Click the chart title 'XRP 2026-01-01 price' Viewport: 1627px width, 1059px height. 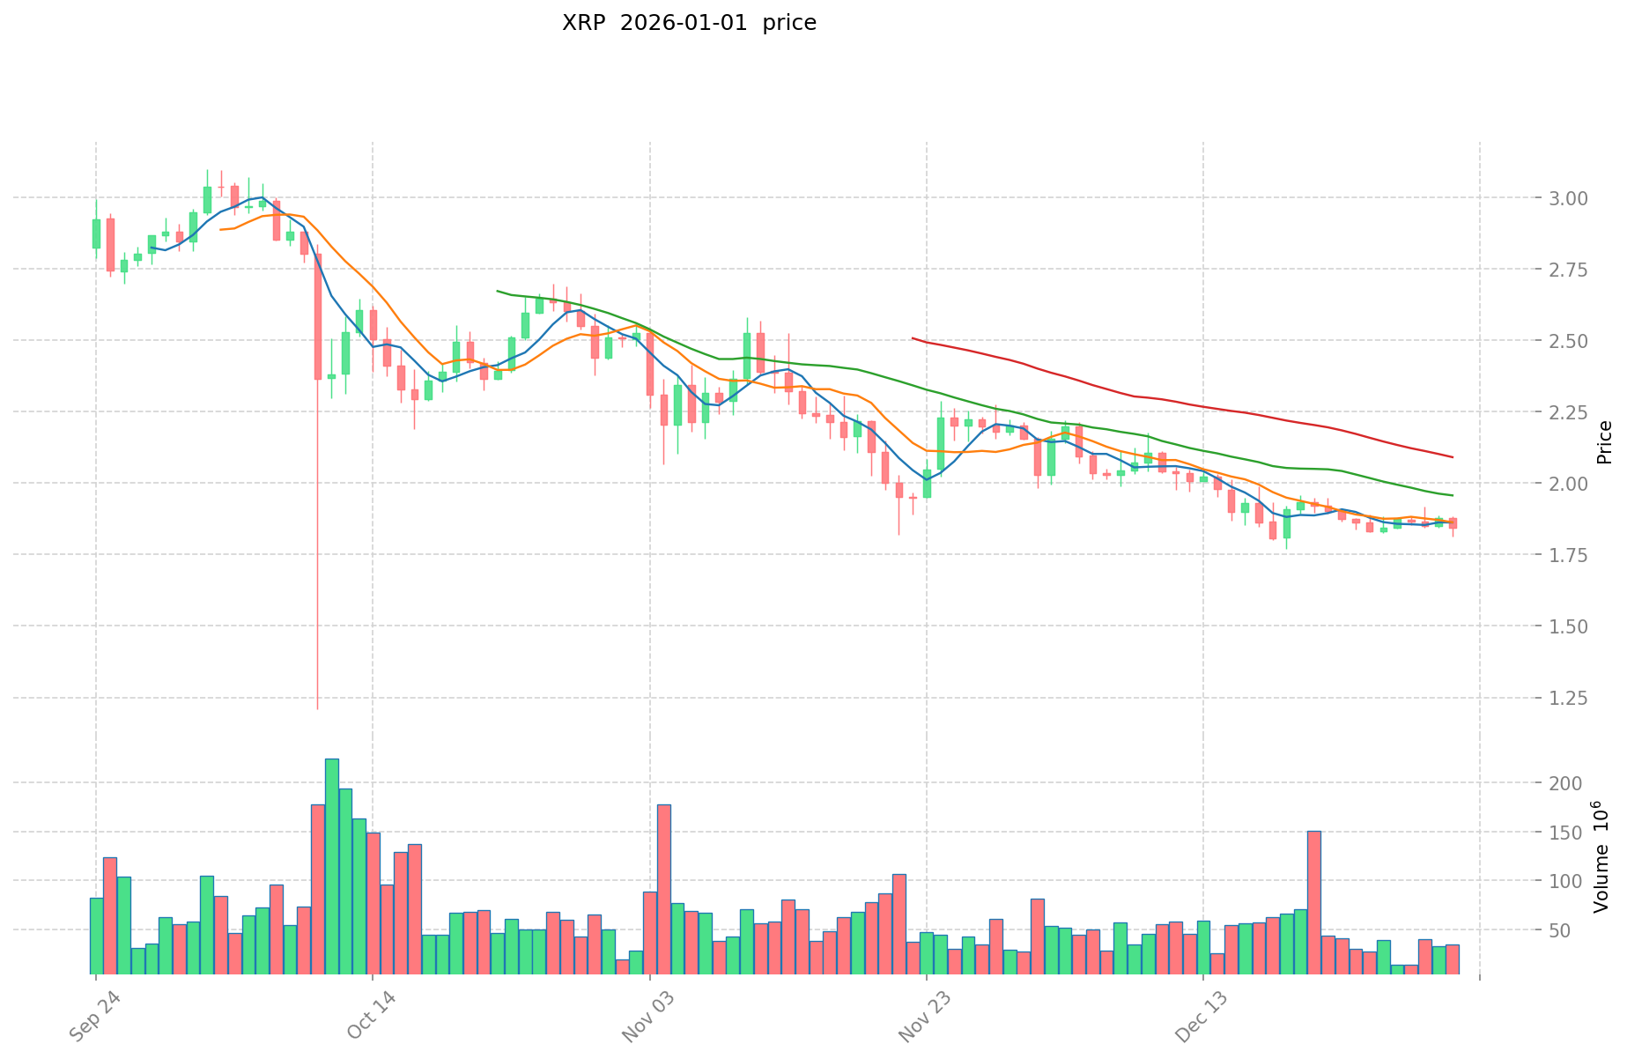[x=689, y=24]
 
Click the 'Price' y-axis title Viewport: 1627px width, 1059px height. [x=1605, y=442]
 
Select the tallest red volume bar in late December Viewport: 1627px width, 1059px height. [x=1314, y=902]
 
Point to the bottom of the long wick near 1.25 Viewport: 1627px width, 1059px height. [x=318, y=707]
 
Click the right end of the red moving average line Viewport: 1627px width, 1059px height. [x=1453, y=457]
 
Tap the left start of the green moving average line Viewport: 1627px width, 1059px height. [x=498, y=291]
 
